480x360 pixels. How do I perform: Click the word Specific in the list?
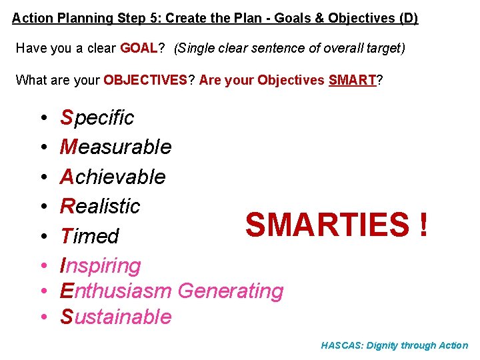97,118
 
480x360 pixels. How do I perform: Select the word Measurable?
116,147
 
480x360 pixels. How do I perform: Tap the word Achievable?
113,177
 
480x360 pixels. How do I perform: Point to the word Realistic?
100,206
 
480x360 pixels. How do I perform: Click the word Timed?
89,236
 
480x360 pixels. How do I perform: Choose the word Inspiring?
101,266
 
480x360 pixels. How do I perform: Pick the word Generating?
231,291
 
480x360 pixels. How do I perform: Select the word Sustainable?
116,317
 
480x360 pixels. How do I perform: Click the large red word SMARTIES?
327,225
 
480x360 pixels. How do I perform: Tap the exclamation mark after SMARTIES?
424,225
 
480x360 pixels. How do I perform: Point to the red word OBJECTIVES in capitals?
145,81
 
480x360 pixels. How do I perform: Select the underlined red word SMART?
353,81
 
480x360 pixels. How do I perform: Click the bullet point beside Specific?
42,119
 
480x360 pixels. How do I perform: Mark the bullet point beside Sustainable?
42,317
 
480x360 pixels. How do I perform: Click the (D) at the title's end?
408,18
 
